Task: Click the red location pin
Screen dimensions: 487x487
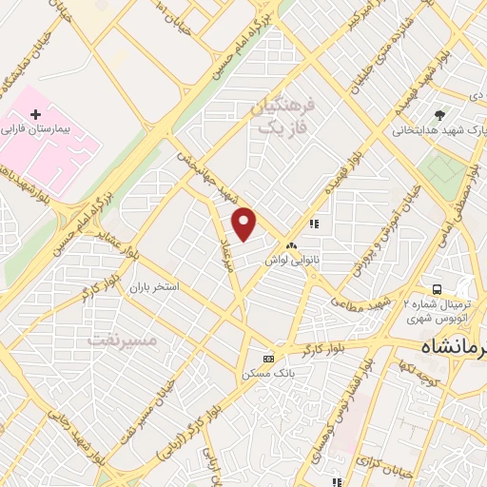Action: (x=245, y=223)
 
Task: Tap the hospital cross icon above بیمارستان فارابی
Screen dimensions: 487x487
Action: (x=36, y=114)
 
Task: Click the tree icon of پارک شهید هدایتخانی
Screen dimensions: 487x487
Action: (x=438, y=115)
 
